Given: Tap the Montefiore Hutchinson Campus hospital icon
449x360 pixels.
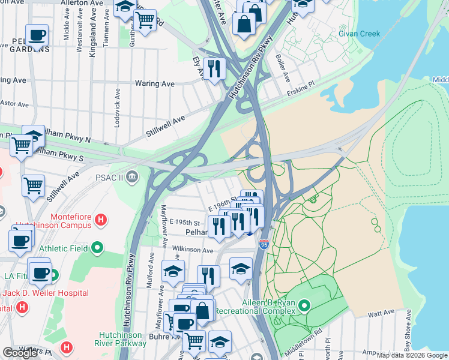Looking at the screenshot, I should click(x=101, y=221).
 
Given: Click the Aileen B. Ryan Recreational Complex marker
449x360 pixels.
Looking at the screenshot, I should click(x=304, y=307).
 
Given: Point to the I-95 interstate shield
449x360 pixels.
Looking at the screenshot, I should click(x=264, y=244).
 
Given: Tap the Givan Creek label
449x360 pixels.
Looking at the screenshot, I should click(x=359, y=34).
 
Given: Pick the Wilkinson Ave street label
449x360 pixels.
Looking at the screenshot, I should click(x=193, y=250).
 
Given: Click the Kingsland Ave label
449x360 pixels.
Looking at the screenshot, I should click(x=92, y=40).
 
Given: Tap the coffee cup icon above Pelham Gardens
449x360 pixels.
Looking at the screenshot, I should click(x=37, y=35).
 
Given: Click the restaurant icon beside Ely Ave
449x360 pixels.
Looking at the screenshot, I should click(x=214, y=68).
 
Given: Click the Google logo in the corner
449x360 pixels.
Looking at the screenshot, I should click(x=20, y=353).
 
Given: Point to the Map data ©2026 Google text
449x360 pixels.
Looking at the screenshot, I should click(x=412, y=355).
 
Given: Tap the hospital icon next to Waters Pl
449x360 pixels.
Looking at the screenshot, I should click(x=67, y=347).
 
